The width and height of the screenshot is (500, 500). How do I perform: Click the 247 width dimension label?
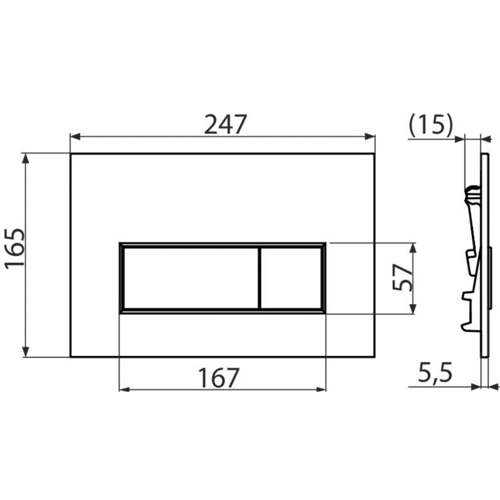point(225,124)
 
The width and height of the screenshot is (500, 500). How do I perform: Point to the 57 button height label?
point(402,278)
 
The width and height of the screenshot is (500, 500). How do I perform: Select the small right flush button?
point(291,278)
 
